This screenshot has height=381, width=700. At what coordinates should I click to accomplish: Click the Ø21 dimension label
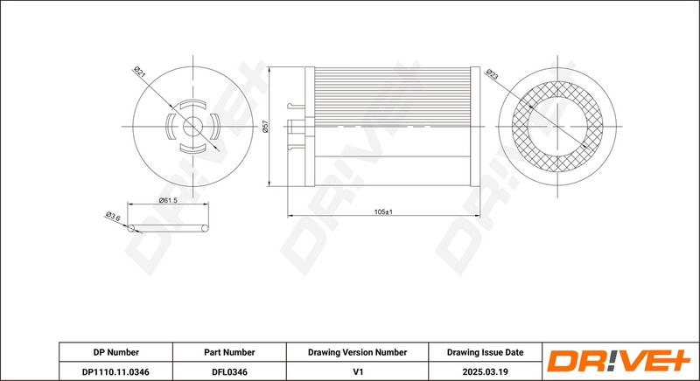click(140, 72)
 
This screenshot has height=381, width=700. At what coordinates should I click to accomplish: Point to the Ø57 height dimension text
click(265, 126)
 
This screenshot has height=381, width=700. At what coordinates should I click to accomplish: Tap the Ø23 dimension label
click(492, 74)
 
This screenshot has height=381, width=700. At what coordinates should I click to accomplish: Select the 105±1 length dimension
click(383, 212)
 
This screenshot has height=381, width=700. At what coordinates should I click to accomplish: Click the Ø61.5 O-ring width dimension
click(168, 200)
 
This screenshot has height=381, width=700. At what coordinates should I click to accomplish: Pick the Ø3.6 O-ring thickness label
click(113, 217)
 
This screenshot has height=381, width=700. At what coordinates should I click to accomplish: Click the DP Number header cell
click(116, 352)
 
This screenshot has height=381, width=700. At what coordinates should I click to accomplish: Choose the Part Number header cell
click(229, 352)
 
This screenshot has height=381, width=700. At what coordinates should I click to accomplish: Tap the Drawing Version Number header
click(357, 352)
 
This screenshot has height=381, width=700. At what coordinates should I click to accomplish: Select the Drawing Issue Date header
click(486, 352)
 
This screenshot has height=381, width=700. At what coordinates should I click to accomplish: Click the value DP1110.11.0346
click(115, 371)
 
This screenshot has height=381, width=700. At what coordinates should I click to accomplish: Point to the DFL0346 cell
click(229, 371)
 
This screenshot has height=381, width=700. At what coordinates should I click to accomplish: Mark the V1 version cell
click(358, 371)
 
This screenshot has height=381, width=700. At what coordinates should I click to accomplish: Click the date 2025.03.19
click(486, 371)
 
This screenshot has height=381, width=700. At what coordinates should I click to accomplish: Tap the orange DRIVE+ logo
click(619, 361)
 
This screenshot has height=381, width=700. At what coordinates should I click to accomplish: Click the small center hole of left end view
click(192, 127)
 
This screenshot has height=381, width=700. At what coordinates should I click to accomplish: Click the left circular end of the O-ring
click(131, 229)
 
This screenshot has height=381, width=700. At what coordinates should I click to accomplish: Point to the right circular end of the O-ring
click(205, 229)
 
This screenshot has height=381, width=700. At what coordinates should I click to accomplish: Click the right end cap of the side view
click(475, 127)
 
